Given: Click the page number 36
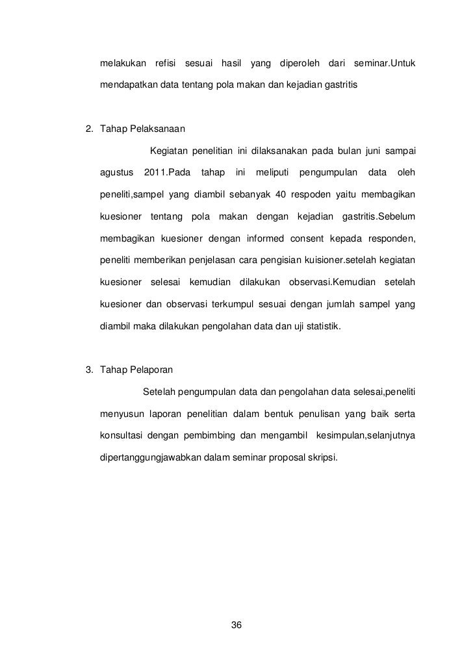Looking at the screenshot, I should click(x=236, y=625).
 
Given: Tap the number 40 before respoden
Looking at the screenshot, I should click(x=283, y=195).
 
